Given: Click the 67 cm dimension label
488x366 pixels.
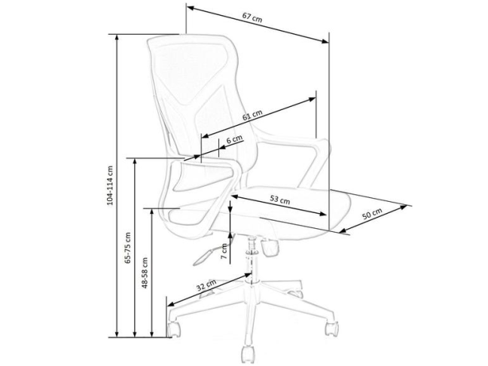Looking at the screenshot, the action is [252, 17].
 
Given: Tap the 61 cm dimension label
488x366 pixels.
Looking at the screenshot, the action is [252, 115].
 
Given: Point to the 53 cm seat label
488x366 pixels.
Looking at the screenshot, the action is [279, 199].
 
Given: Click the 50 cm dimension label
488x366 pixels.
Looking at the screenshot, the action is [372, 214].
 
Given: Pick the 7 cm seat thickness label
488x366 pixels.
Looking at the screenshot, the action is [224, 252].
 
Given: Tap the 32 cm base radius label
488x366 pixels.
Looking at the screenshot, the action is [206, 285].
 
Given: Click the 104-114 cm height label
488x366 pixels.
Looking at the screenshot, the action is [109, 185].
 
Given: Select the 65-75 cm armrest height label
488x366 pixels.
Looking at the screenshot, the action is [128, 248].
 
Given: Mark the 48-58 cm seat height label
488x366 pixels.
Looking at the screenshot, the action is [145, 273].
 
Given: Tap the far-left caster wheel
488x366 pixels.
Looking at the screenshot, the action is [174, 329].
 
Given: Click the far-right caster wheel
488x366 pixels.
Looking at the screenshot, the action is [331, 328].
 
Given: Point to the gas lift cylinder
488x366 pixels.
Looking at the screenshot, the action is [252, 260].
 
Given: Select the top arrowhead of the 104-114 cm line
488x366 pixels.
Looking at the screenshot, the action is [117, 38].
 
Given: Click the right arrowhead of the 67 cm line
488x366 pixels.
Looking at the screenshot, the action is [325, 41].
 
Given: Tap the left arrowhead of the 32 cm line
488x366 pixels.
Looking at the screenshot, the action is [171, 304].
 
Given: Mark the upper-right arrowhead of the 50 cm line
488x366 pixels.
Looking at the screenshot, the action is [404, 207].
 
